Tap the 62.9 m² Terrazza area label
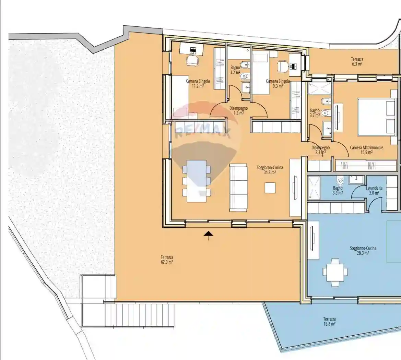(x=167, y=260)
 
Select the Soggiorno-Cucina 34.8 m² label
(x=270, y=170)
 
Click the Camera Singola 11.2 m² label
(x=198, y=84)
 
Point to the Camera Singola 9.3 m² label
(x=278, y=84)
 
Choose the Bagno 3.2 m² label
(x=235, y=70)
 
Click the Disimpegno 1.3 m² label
(x=238, y=110)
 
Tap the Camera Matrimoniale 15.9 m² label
(x=366, y=150)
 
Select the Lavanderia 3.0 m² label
(x=374, y=191)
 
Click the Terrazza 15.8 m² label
(x=329, y=321)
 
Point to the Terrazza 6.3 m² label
(x=357, y=62)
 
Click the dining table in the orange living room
(x=197, y=181)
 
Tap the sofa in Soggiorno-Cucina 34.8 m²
(x=238, y=188)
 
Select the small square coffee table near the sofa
(x=270, y=188)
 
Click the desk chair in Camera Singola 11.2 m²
(x=192, y=61)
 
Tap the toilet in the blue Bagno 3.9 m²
(x=340, y=181)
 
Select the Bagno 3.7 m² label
(x=315, y=113)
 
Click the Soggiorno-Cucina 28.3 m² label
(x=363, y=251)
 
